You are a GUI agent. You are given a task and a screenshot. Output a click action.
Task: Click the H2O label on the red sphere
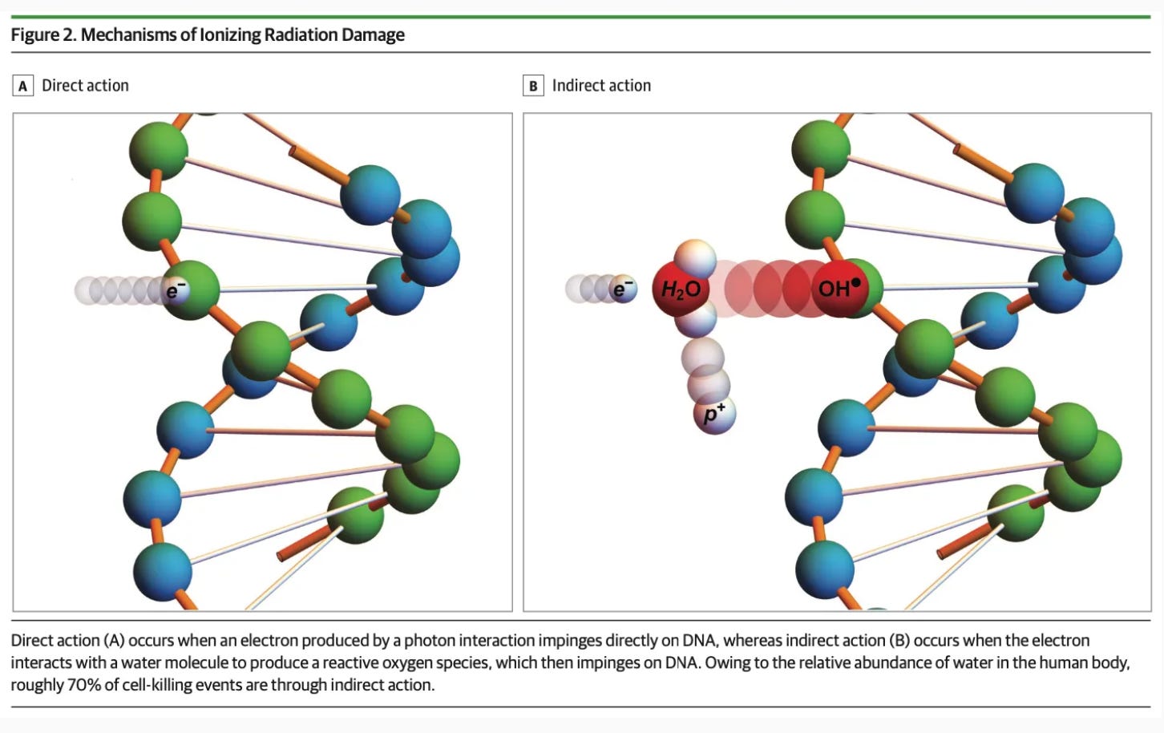681,289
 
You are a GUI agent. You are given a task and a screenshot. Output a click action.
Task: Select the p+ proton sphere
713,415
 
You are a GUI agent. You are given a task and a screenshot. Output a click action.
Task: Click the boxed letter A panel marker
22,86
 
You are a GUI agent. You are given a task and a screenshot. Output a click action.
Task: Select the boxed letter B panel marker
533,86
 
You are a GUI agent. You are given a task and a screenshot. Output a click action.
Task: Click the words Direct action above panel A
85,86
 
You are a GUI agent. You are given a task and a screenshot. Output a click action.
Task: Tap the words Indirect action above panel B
601,86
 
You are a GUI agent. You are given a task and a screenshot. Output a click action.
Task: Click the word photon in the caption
427,640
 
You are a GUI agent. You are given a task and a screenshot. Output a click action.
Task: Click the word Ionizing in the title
228,34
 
